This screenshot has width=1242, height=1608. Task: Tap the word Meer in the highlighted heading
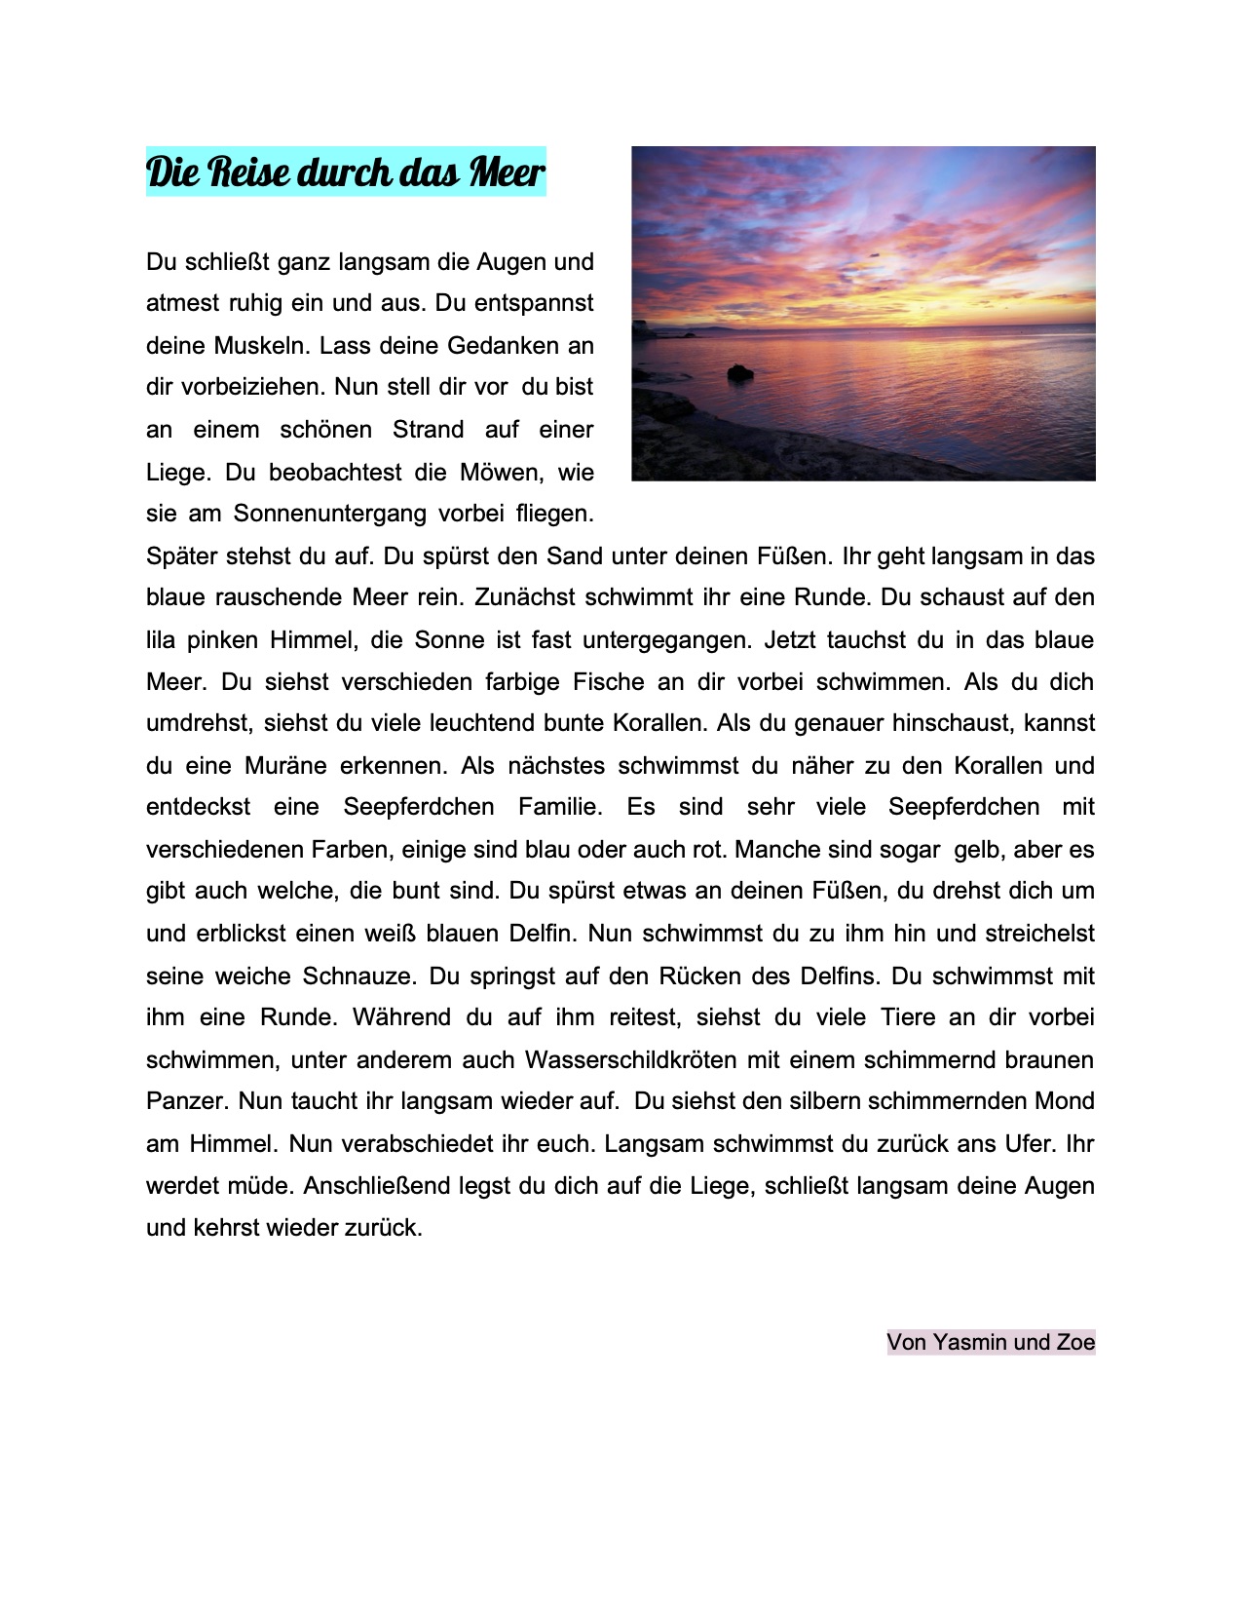[x=507, y=172]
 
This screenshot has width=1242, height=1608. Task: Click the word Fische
[x=609, y=682]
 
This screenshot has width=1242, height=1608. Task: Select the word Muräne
[x=285, y=766]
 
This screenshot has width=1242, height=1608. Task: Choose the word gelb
[x=977, y=850]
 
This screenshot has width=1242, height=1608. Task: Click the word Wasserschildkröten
[x=630, y=1060]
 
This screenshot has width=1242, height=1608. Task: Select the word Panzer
[x=186, y=1102]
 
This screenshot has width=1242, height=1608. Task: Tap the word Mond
[x=1065, y=1101]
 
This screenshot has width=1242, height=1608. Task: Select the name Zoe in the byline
[x=1075, y=1343]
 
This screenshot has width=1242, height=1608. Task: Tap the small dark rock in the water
[x=740, y=372]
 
